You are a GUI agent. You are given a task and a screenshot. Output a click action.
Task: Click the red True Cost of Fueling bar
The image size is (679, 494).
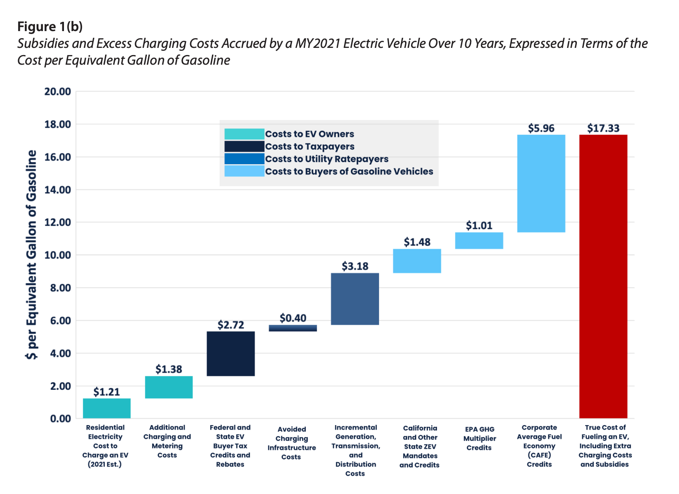603,276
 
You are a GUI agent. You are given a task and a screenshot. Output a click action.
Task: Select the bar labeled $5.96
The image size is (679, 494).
541,183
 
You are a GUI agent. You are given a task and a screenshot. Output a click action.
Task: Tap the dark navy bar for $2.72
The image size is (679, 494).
231,353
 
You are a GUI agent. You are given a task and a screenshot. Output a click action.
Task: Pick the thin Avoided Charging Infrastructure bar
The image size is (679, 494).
293,328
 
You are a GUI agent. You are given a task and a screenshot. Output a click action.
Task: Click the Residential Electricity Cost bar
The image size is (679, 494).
106,408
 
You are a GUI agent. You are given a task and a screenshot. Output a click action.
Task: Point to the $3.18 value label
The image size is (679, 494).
355,266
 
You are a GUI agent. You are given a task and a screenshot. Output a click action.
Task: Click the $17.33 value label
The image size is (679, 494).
603,128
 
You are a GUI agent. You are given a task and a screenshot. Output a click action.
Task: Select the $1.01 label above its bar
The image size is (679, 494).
479,226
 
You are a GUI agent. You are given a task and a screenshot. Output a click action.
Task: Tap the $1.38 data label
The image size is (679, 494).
169,369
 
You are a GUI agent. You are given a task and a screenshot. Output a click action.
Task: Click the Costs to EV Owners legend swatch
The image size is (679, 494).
244,134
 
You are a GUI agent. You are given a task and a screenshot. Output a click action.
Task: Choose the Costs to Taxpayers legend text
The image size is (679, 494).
310,147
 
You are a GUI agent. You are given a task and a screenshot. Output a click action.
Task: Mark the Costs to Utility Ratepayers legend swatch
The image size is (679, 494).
244,159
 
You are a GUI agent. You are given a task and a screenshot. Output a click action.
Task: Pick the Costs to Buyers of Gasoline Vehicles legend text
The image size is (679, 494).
349,171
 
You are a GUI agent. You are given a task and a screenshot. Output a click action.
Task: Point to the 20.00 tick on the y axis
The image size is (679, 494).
58,92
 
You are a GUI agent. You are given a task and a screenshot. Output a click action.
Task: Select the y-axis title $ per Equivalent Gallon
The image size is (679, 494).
32,255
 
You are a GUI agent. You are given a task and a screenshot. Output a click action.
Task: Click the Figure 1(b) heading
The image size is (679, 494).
50,26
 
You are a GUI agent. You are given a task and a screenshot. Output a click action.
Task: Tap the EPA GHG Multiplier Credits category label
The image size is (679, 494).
479,439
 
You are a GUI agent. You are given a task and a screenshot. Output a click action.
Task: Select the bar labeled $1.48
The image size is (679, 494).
417,261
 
